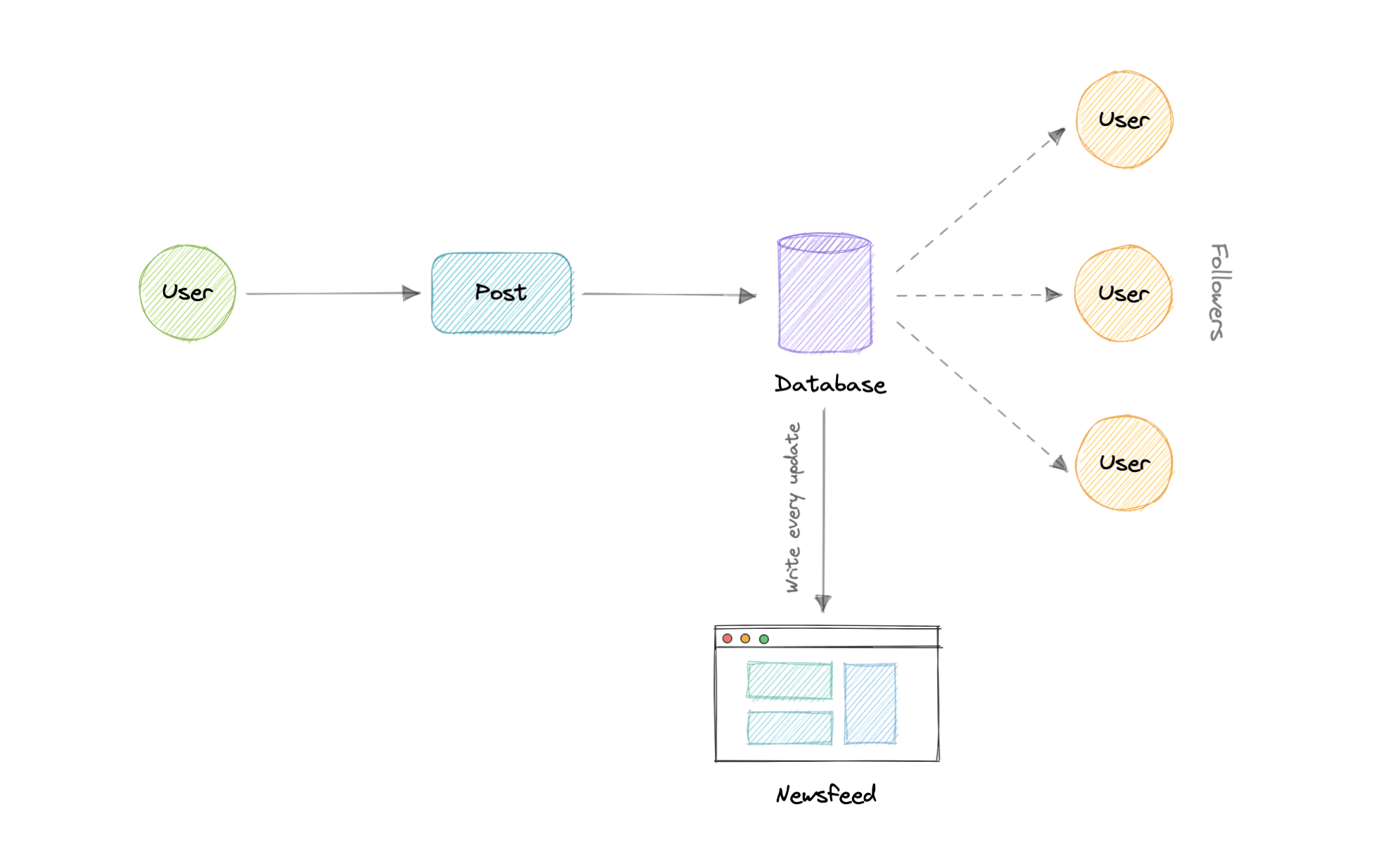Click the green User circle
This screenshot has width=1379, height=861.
(x=187, y=293)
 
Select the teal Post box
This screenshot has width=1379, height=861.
(x=501, y=293)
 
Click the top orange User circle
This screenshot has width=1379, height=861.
(x=1124, y=120)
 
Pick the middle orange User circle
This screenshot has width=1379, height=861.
(x=1124, y=293)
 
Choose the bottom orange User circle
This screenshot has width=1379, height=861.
(x=1124, y=463)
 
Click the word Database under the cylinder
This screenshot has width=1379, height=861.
(x=830, y=384)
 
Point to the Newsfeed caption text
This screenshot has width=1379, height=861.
(x=826, y=795)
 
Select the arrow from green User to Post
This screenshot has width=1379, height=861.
(x=331, y=293)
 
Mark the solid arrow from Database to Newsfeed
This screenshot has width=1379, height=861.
(x=824, y=506)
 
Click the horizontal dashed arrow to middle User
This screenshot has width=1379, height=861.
(x=978, y=295)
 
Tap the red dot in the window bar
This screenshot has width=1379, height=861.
(x=727, y=638)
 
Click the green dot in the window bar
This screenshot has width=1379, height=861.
(x=764, y=639)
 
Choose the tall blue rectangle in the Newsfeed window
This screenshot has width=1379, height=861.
(x=870, y=703)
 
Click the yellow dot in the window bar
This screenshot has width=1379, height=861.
(x=745, y=638)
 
